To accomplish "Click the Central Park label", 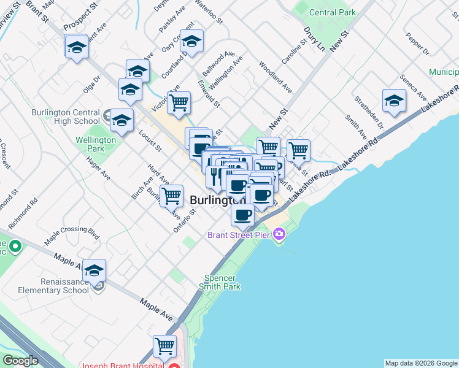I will pyautogui.click(x=333, y=12).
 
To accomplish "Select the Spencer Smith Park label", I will pyautogui.click(x=218, y=282).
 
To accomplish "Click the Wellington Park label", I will pyautogui.click(x=96, y=144).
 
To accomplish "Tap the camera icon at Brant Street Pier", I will pyautogui.click(x=279, y=234).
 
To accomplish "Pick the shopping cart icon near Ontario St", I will pyautogui.click(x=172, y=196).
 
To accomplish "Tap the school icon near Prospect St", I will pyautogui.click(x=76, y=46).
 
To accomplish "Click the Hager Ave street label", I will pyautogui.click(x=98, y=167).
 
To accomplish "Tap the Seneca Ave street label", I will pyautogui.click(x=412, y=88).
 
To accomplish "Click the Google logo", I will pyautogui.click(x=20, y=361).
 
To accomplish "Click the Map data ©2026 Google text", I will pyautogui.click(x=421, y=363).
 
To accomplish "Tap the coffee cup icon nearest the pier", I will pyautogui.click(x=243, y=215).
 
